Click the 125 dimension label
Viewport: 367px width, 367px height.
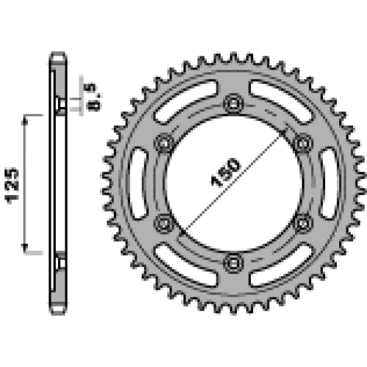tap(12, 186)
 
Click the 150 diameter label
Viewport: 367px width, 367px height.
tap(225, 172)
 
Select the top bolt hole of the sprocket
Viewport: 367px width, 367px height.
tap(233, 103)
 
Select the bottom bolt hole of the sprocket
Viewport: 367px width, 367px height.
tap(233, 263)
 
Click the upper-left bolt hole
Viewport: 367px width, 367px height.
tap(164, 143)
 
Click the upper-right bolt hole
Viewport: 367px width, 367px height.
tap(303, 143)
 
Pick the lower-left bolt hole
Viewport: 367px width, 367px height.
tap(164, 223)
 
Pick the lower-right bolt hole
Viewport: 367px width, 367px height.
tap(303, 223)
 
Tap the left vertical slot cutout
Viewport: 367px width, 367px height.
tap(138, 183)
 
